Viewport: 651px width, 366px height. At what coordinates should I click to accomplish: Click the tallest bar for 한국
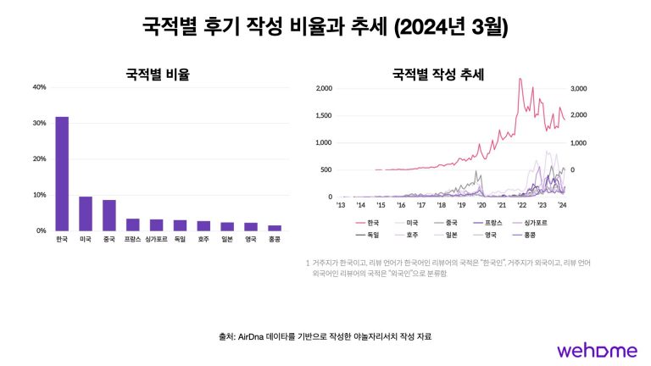pyautogui.click(x=62, y=174)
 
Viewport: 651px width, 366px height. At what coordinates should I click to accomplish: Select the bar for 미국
pyautogui.click(x=86, y=213)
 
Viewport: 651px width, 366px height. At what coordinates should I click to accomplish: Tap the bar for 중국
pyautogui.click(x=109, y=215)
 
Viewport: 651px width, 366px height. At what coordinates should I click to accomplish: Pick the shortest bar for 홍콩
pyautogui.click(x=275, y=228)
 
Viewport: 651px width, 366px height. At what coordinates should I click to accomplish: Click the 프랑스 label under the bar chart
pyautogui.click(x=132, y=241)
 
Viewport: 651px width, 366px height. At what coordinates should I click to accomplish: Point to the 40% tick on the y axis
pyautogui.click(x=39, y=87)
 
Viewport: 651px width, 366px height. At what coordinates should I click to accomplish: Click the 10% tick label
pyautogui.click(x=39, y=195)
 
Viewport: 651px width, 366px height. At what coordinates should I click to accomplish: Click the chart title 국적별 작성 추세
pyautogui.click(x=437, y=75)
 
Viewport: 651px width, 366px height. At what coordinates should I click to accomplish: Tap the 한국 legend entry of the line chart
pyautogui.click(x=368, y=222)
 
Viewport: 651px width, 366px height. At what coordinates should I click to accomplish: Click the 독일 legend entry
pyautogui.click(x=368, y=234)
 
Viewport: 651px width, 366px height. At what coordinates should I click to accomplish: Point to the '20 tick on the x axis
pyautogui.click(x=482, y=205)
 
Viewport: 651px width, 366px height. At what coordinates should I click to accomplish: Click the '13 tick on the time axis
pyautogui.click(x=341, y=205)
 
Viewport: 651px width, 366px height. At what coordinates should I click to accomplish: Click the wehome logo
pyautogui.click(x=593, y=349)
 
